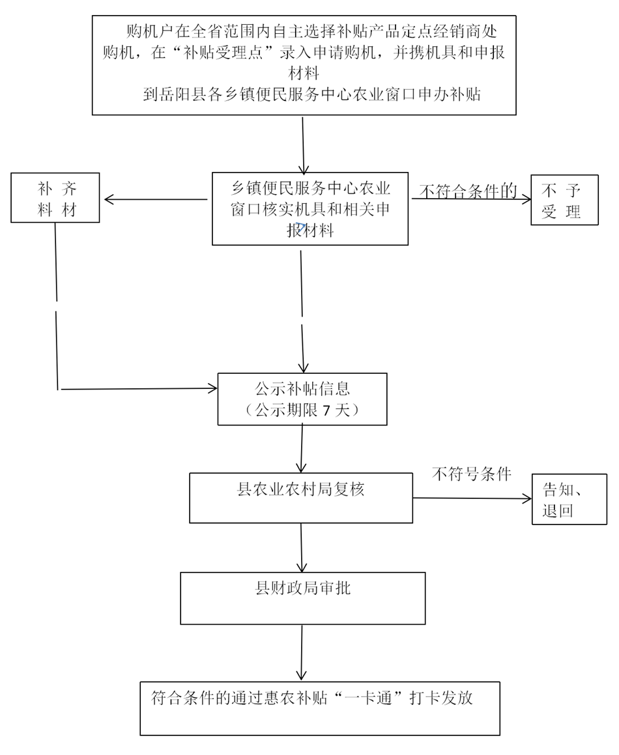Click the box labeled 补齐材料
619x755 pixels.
(55, 197)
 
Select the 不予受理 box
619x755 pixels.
(564, 200)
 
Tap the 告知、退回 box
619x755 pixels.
(564, 500)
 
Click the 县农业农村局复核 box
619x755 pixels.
(300, 498)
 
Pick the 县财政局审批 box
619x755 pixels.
(302, 598)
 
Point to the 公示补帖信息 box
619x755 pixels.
(302, 399)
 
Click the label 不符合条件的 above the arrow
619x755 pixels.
(468, 191)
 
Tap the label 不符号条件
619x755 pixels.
(472, 474)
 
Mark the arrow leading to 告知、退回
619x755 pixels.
(472, 498)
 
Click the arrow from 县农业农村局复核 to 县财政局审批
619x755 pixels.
(301, 547)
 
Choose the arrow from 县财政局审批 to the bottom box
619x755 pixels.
(302, 653)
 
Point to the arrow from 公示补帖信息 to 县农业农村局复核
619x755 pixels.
(302, 449)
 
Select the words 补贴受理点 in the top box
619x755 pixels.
(216, 53)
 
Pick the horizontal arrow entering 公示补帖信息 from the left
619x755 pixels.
(138, 389)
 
